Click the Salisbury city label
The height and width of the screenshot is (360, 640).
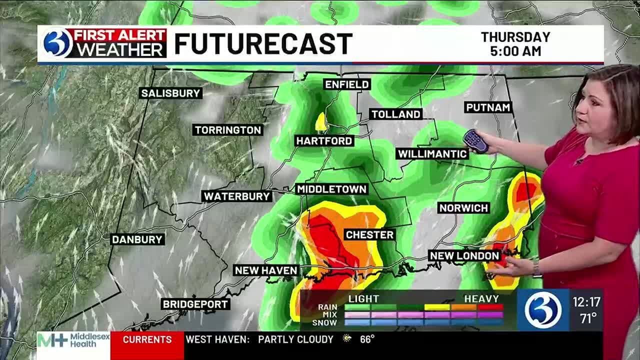pyautogui.click(x=170, y=93)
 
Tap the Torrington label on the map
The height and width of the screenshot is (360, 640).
pyautogui.click(x=228, y=130)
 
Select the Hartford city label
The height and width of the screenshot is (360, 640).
pyautogui.click(x=324, y=141)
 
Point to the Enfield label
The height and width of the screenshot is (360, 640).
pyautogui.click(x=347, y=84)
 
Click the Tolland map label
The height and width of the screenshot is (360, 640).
pyautogui.click(x=395, y=114)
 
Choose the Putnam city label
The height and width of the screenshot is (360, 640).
pyautogui.click(x=488, y=107)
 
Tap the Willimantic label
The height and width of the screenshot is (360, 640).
pyautogui.click(x=432, y=153)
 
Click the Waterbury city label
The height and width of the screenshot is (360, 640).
pyautogui.click(x=237, y=196)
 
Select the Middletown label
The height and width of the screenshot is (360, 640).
pyautogui.click(x=332, y=189)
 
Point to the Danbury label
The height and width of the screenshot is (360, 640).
pyautogui.click(x=137, y=239)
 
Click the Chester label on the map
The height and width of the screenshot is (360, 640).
pyautogui.click(x=369, y=234)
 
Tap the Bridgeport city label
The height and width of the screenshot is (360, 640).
pyautogui.click(x=195, y=304)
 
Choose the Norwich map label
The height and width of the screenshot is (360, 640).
pyautogui.click(x=463, y=207)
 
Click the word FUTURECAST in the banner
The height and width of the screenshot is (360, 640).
pyautogui.click(x=263, y=44)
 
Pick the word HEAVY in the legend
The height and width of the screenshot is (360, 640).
pyautogui.click(x=481, y=298)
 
